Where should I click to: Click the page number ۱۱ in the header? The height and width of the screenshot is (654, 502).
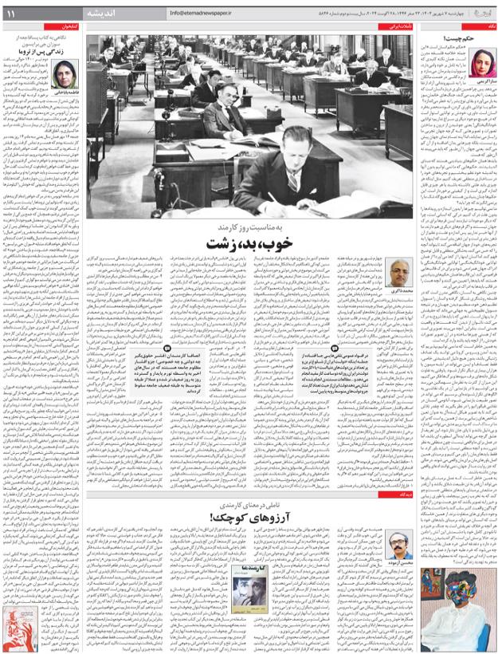pyautogui.click(x=12, y=14)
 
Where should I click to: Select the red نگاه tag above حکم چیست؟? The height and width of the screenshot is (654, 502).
pyautogui.click(x=489, y=26)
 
